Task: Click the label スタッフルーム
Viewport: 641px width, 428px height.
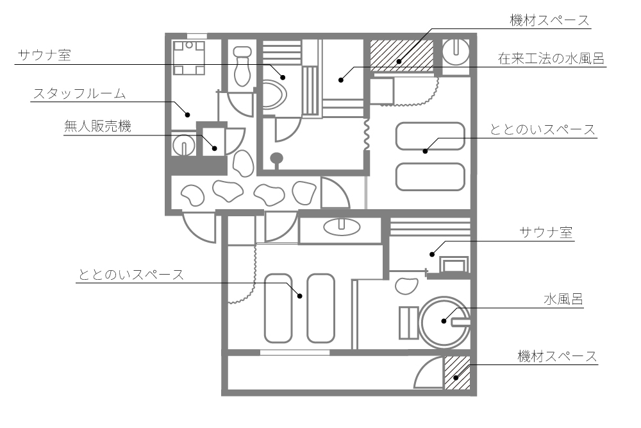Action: click(79, 94)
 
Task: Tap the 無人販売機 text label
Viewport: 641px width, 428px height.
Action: click(97, 126)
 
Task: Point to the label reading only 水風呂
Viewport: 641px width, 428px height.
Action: click(563, 298)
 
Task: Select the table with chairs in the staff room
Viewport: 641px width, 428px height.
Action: click(188, 57)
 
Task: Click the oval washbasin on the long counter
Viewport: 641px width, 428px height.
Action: click(342, 226)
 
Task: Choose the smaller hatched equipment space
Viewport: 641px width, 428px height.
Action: click(457, 373)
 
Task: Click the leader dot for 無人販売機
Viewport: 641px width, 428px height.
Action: click(215, 149)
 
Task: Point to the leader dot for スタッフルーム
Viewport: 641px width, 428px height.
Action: click(188, 115)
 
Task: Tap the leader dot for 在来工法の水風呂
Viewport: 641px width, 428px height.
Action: click(342, 80)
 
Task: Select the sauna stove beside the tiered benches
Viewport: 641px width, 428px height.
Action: click(454, 264)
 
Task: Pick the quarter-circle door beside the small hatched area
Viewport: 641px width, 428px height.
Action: click(428, 374)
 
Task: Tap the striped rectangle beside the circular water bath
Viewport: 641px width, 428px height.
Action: click(408, 322)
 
